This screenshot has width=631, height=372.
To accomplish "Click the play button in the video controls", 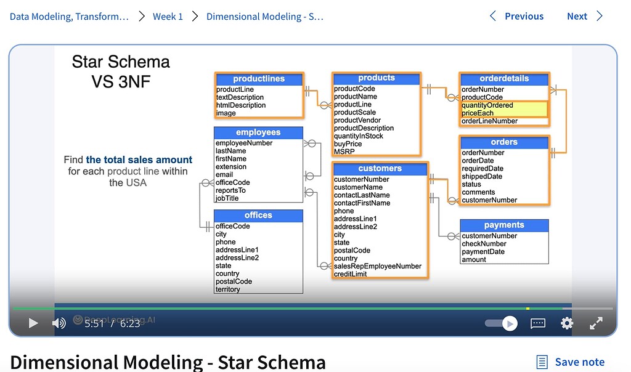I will pyautogui.click(x=33, y=323).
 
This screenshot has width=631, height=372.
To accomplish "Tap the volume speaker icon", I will pyautogui.click(x=59, y=323).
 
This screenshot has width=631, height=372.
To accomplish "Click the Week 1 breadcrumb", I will pyautogui.click(x=168, y=17).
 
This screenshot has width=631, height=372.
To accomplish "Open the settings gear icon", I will pyautogui.click(x=567, y=323).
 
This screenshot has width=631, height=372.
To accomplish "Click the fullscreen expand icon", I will pyautogui.click(x=596, y=323).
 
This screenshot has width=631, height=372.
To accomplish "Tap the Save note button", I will pyautogui.click(x=571, y=362).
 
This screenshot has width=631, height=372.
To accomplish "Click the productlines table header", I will pyautogui.click(x=259, y=79).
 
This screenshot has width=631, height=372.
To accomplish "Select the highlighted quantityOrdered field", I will pyautogui.click(x=487, y=105).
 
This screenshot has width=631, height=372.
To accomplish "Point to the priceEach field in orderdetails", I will pyautogui.click(x=478, y=113).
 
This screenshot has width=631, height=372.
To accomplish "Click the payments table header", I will pyautogui.click(x=504, y=225).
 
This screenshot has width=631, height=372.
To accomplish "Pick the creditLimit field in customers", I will pyautogui.click(x=351, y=274).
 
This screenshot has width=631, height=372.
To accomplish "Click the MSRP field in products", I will pyautogui.click(x=344, y=152).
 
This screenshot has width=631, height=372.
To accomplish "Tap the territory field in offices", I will pyautogui.click(x=228, y=289).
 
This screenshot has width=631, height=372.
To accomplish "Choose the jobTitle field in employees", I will pyautogui.click(x=227, y=198).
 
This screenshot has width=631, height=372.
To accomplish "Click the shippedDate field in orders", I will pyautogui.click(x=482, y=176).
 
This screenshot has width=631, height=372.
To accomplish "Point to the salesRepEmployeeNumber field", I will pyautogui.click(x=378, y=266).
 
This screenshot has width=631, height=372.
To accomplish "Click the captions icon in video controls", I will pyautogui.click(x=538, y=323).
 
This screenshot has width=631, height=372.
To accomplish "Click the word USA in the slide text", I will pyautogui.click(x=136, y=182).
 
